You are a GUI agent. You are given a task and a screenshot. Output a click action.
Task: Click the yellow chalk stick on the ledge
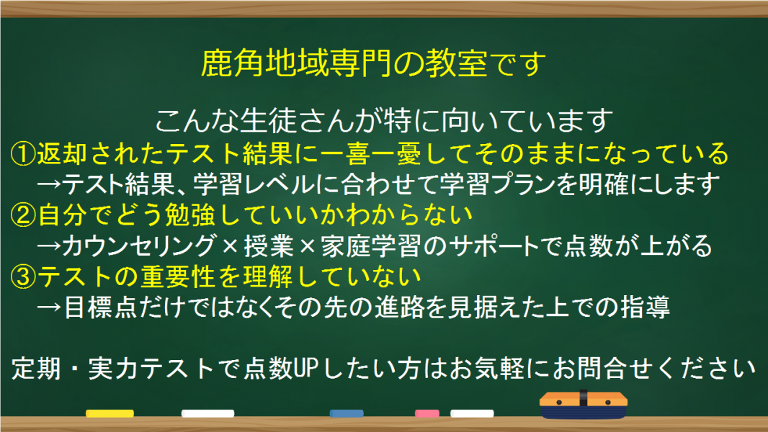(110, 413)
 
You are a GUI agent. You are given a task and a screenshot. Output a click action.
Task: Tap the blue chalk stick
(347, 413)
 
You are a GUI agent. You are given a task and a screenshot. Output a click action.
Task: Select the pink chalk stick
(427, 413)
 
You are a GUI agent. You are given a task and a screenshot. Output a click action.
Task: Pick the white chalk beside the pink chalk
(472, 413)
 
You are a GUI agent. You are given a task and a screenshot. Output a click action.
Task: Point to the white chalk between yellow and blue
(207, 413)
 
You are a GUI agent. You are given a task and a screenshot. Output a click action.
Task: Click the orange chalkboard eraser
(584, 404)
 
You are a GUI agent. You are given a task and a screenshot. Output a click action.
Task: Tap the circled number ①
(23, 153)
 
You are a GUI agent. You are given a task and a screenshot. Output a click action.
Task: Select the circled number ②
(23, 215)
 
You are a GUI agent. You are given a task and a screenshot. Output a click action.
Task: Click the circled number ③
(23, 277)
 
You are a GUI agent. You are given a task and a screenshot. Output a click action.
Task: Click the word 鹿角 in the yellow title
(232, 63)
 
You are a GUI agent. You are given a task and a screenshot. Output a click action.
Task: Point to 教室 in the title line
(456, 63)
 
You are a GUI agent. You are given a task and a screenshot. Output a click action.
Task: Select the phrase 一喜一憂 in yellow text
(371, 153)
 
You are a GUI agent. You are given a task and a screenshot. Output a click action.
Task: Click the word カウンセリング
(138, 246)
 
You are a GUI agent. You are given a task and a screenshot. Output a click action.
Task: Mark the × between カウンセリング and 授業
(230, 245)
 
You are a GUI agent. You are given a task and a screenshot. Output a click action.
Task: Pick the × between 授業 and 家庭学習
(307, 245)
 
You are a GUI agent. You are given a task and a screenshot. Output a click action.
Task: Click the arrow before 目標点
(49, 307)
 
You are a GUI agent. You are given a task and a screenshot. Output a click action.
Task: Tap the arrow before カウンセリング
(49, 246)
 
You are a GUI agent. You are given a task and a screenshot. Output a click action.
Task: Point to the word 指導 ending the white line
(645, 307)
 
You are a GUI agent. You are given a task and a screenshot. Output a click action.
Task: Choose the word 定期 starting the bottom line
(36, 369)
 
